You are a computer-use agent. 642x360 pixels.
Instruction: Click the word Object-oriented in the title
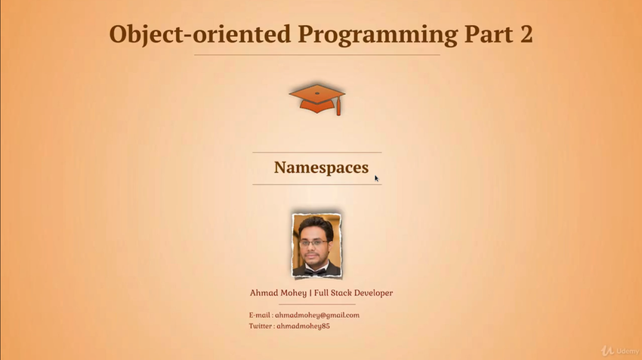pos(200,35)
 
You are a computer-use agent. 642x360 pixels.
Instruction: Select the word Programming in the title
pos(378,35)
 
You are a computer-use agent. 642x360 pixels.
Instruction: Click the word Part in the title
pos(489,34)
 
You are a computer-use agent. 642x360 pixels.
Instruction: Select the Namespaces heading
pos(322,168)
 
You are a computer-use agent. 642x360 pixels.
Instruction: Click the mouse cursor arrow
pos(376,178)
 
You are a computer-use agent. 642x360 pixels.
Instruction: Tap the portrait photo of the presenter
pos(316,245)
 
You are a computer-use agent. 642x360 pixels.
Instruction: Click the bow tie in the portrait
pos(315,271)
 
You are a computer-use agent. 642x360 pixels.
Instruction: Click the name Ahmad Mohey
pos(278,293)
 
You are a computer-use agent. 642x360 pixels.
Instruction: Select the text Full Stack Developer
pos(353,293)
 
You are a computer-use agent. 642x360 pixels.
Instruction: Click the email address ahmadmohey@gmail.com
pos(317,315)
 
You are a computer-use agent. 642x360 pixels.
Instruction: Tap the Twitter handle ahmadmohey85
pos(303,326)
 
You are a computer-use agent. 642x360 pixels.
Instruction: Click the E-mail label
pos(260,315)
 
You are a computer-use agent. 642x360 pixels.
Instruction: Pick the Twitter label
pos(261,326)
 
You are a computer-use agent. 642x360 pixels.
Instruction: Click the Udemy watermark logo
pos(620,351)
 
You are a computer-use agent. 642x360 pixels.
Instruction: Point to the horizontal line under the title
pos(317,55)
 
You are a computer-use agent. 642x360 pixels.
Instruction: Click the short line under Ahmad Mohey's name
pos(317,304)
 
